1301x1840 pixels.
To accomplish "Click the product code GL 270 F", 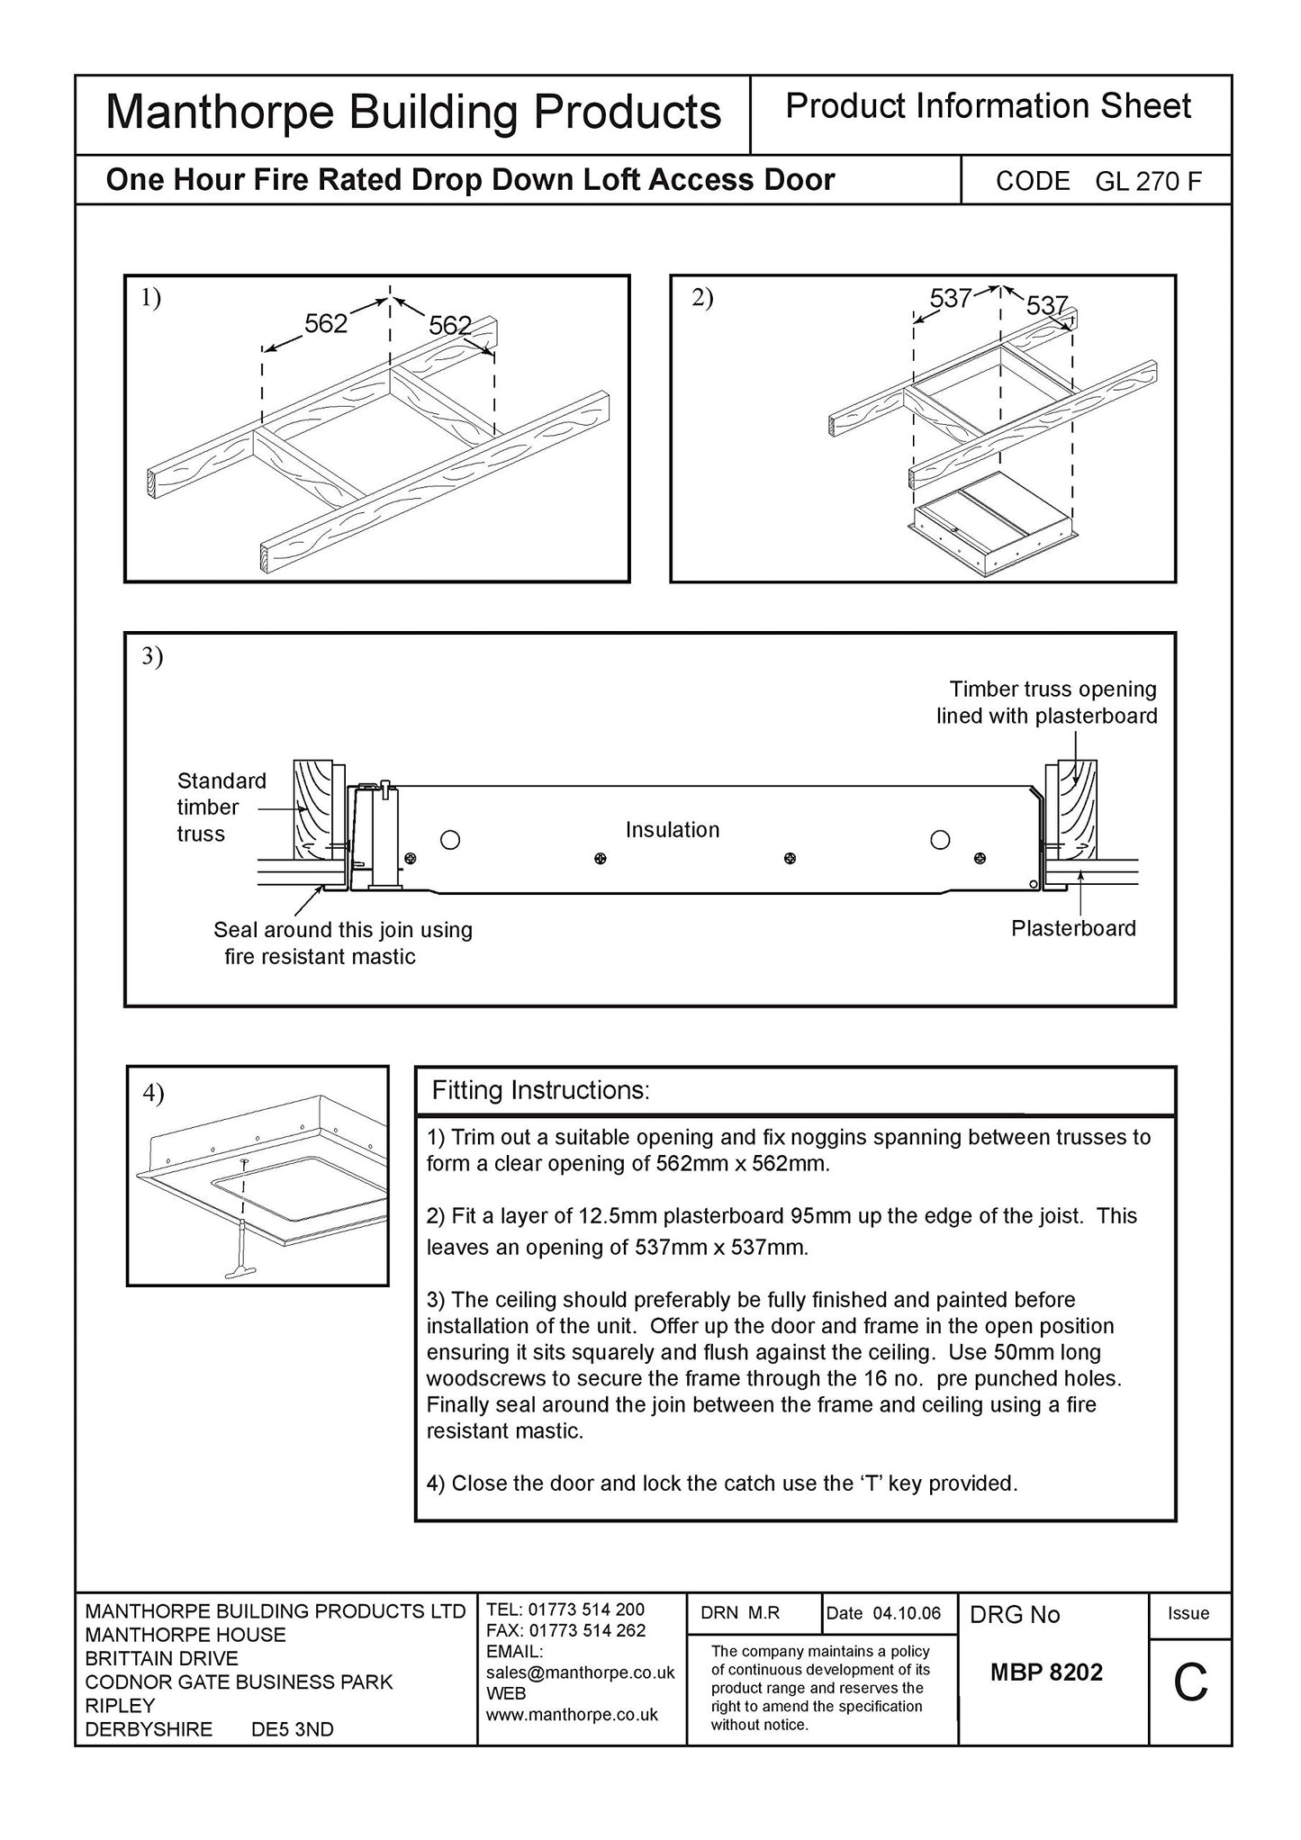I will pyautogui.click(x=1148, y=182).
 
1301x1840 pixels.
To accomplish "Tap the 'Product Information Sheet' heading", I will pyautogui.click(x=988, y=107).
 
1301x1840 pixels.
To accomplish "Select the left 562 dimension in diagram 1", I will pyautogui.click(x=326, y=324).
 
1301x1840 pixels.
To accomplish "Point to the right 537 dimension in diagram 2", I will pyautogui.click(x=1046, y=306).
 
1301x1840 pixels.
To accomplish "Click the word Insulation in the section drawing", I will pyautogui.click(x=673, y=830).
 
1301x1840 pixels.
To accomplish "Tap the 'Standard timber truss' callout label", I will pyautogui.click(x=221, y=807).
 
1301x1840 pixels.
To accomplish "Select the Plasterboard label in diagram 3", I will pyautogui.click(x=1073, y=928).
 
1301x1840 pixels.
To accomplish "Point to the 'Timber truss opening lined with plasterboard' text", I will pyautogui.click(x=1046, y=702).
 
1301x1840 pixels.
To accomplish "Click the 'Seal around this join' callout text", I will pyautogui.click(x=342, y=943).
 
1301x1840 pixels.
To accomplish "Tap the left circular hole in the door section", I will pyautogui.click(x=450, y=840).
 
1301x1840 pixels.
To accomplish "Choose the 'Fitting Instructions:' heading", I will pyautogui.click(x=540, y=1091).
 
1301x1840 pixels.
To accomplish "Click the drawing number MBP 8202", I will pyautogui.click(x=1046, y=1673).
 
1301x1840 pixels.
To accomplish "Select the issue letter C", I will pyautogui.click(x=1189, y=1682).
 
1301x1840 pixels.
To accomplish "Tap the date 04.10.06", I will pyautogui.click(x=907, y=1613).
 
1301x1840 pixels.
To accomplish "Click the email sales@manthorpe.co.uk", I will pyautogui.click(x=580, y=1673).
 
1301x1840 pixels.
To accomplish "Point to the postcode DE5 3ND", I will pyautogui.click(x=292, y=1729).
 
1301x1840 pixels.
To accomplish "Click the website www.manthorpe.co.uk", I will pyautogui.click(x=572, y=1715).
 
